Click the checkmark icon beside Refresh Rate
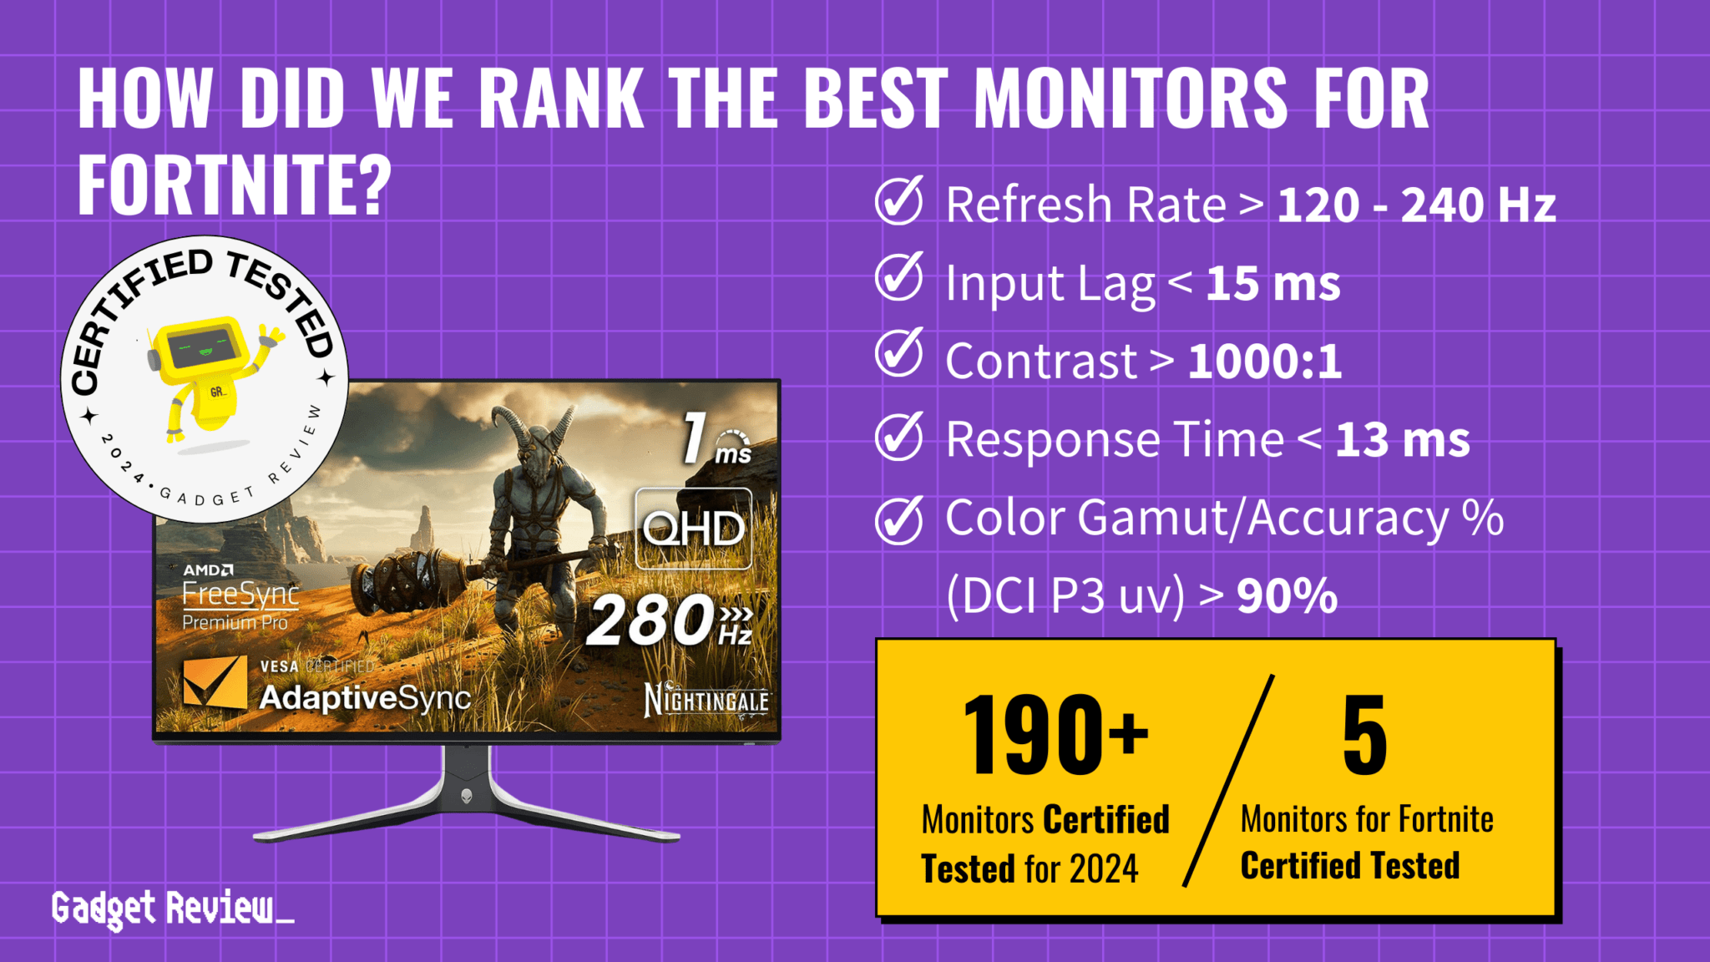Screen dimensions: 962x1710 tap(898, 201)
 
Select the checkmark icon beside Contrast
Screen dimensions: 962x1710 tap(898, 355)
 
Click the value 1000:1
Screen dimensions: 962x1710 tap(1264, 362)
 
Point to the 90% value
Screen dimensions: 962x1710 tap(1287, 596)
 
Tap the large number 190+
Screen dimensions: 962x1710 tap(1055, 735)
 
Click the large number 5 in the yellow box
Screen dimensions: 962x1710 tap(1364, 735)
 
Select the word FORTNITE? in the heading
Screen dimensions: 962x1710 tap(235, 185)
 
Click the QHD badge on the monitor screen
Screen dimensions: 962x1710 tap(693, 529)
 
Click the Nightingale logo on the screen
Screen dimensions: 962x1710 tap(706, 700)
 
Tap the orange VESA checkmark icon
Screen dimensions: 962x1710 tap(215, 682)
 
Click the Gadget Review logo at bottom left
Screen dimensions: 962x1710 tap(172, 909)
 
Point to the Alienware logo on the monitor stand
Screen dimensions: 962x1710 tap(467, 796)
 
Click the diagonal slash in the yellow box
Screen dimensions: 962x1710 tap(1228, 782)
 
